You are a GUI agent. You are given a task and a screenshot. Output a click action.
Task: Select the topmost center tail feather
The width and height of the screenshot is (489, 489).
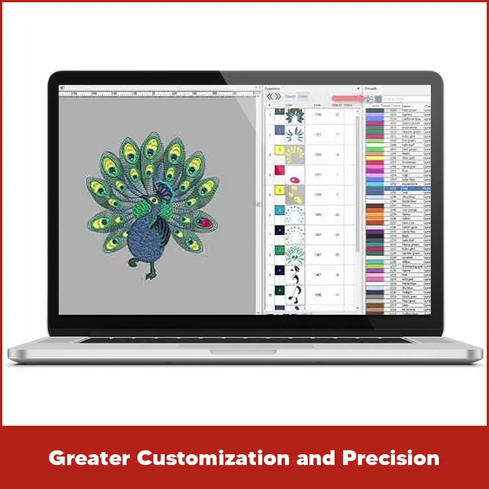point(151,149)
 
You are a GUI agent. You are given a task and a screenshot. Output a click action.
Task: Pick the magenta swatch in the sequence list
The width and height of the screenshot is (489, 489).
point(279,170)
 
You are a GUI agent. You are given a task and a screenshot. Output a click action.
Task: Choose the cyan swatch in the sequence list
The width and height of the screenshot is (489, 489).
point(279,210)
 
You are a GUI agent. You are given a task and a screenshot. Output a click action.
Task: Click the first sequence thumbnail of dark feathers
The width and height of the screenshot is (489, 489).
point(294,116)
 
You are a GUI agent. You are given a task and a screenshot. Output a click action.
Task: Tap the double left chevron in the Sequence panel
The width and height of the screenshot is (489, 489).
point(270,97)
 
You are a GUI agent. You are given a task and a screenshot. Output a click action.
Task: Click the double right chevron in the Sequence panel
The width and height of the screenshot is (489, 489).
point(278,97)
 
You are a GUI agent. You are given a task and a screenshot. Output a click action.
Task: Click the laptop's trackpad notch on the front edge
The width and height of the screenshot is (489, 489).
point(246,351)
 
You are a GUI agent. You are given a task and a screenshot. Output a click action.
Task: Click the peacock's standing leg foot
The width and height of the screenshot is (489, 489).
point(149,276)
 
